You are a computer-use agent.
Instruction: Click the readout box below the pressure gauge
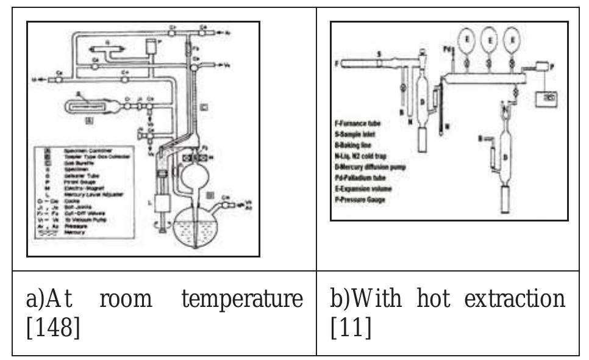(x=546, y=98)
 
